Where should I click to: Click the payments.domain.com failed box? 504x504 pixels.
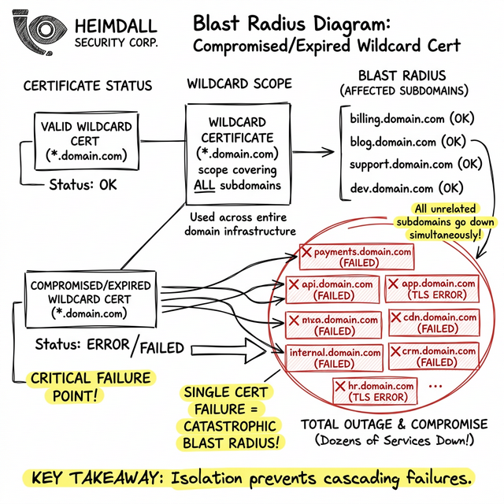coord(357,258)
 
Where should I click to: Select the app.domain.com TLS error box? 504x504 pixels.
coord(432,289)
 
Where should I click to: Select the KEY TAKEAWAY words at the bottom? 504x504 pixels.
coord(88,477)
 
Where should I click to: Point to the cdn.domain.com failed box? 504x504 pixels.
coord(434,322)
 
